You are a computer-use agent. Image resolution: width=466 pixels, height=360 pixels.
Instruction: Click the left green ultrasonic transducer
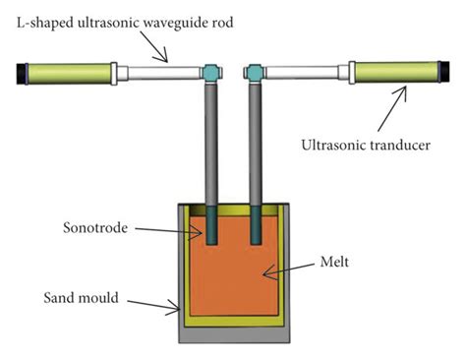[69, 73]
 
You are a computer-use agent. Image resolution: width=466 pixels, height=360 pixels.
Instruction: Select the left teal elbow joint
[208, 72]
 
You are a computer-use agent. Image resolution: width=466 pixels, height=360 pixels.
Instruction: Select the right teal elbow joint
[254, 72]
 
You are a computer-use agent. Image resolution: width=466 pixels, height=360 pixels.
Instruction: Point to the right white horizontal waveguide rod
[305, 73]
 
